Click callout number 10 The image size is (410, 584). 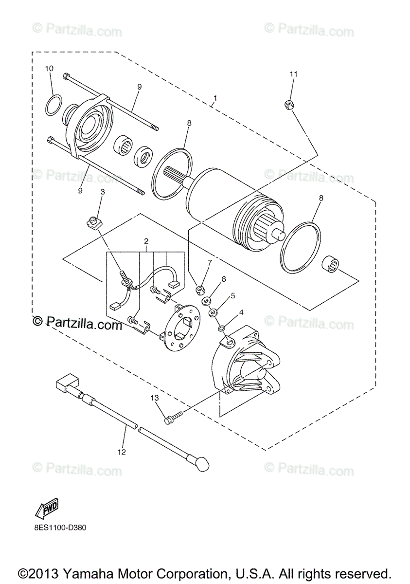[x=50, y=69]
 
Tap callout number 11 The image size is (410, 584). [x=293, y=74]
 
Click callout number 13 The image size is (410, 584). [x=155, y=398]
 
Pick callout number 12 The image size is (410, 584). [x=121, y=452]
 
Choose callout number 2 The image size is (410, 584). [x=145, y=241]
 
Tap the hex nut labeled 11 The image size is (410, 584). [x=288, y=105]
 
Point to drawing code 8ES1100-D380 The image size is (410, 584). [x=60, y=527]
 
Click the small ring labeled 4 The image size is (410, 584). [x=221, y=329]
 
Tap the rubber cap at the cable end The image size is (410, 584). [x=202, y=463]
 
